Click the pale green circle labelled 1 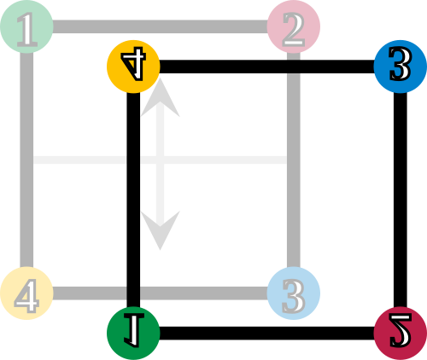(x=26, y=26)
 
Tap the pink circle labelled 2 (x=294, y=26)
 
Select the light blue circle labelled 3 (x=294, y=293)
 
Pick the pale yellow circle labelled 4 (x=26, y=293)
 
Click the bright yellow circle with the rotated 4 (x=133, y=67)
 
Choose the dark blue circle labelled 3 (x=401, y=67)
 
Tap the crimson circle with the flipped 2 (x=401, y=334)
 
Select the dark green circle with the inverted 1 (x=133, y=334)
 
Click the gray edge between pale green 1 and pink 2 (x=160, y=26)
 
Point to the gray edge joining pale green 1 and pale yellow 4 (x=26, y=160)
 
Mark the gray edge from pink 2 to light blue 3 (x=294, y=160)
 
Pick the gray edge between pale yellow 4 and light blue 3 (x=160, y=293)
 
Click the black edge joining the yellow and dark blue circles (x=266, y=67)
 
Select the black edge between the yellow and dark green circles (x=133, y=200)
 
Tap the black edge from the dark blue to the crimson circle (x=401, y=200)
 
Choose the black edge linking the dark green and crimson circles (x=266, y=334)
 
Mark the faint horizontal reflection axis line (x=160, y=160)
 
